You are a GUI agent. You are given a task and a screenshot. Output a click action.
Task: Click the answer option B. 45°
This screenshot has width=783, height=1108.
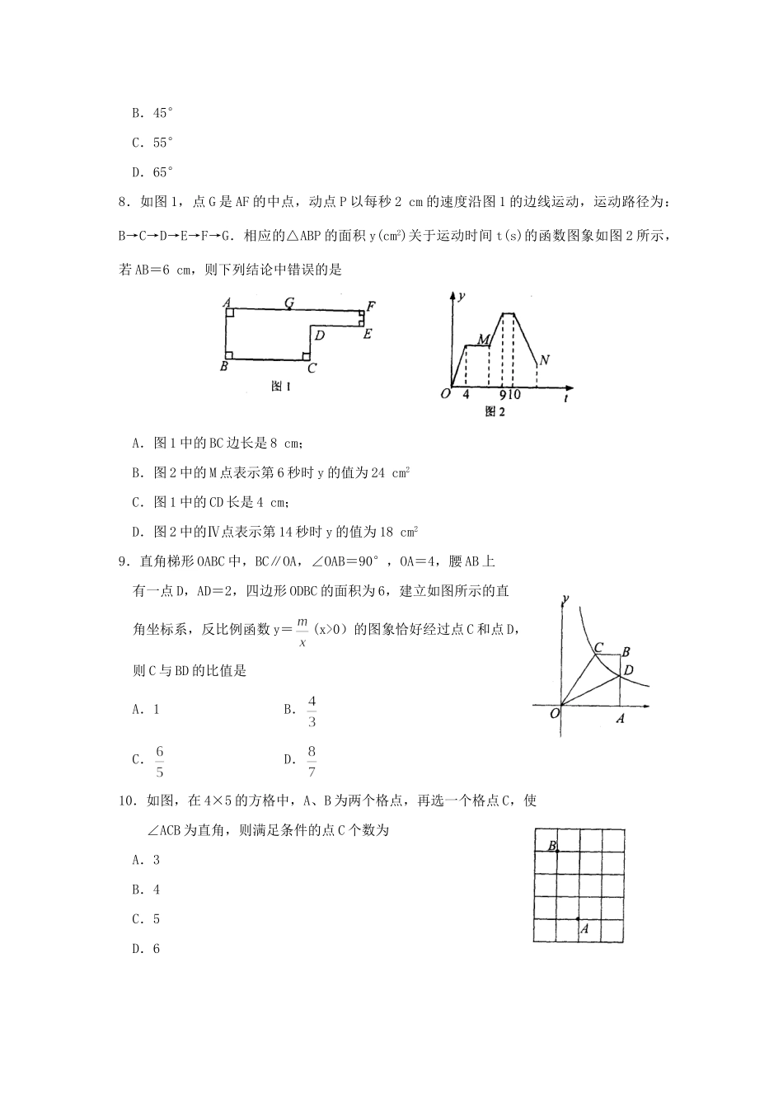[152, 113]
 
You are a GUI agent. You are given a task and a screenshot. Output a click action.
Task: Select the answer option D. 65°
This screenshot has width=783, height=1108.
[152, 172]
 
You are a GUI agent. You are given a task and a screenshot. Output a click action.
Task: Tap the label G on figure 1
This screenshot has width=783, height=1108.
[289, 303]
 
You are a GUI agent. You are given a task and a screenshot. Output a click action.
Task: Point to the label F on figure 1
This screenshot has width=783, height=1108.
[371, 307]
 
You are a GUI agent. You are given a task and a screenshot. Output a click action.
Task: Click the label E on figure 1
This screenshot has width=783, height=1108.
[368, 333]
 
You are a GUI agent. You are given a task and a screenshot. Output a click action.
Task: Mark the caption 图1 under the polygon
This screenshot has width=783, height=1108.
[281, 386]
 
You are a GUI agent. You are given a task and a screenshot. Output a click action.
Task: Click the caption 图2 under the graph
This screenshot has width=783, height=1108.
[495, 411]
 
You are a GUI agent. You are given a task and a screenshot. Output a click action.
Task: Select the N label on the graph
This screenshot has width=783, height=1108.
[544, 360]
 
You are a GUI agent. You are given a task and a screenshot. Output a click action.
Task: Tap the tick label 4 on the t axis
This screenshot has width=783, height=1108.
[466, 394]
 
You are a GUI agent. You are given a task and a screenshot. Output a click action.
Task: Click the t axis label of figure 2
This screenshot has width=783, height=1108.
[568, 397]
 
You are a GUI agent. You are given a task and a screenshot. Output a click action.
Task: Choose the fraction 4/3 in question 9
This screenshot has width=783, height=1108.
[312, 711]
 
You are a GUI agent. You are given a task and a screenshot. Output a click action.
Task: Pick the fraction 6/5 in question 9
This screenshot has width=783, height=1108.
[160, 761]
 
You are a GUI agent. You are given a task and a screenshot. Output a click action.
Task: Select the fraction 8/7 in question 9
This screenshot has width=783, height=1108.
[312, 761]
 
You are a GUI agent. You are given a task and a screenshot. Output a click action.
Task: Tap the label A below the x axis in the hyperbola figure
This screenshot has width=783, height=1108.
[620, 719]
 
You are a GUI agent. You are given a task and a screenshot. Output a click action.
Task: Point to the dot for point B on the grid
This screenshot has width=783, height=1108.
[558, 851]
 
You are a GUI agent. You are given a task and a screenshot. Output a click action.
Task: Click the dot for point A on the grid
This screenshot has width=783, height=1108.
[578, 918]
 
